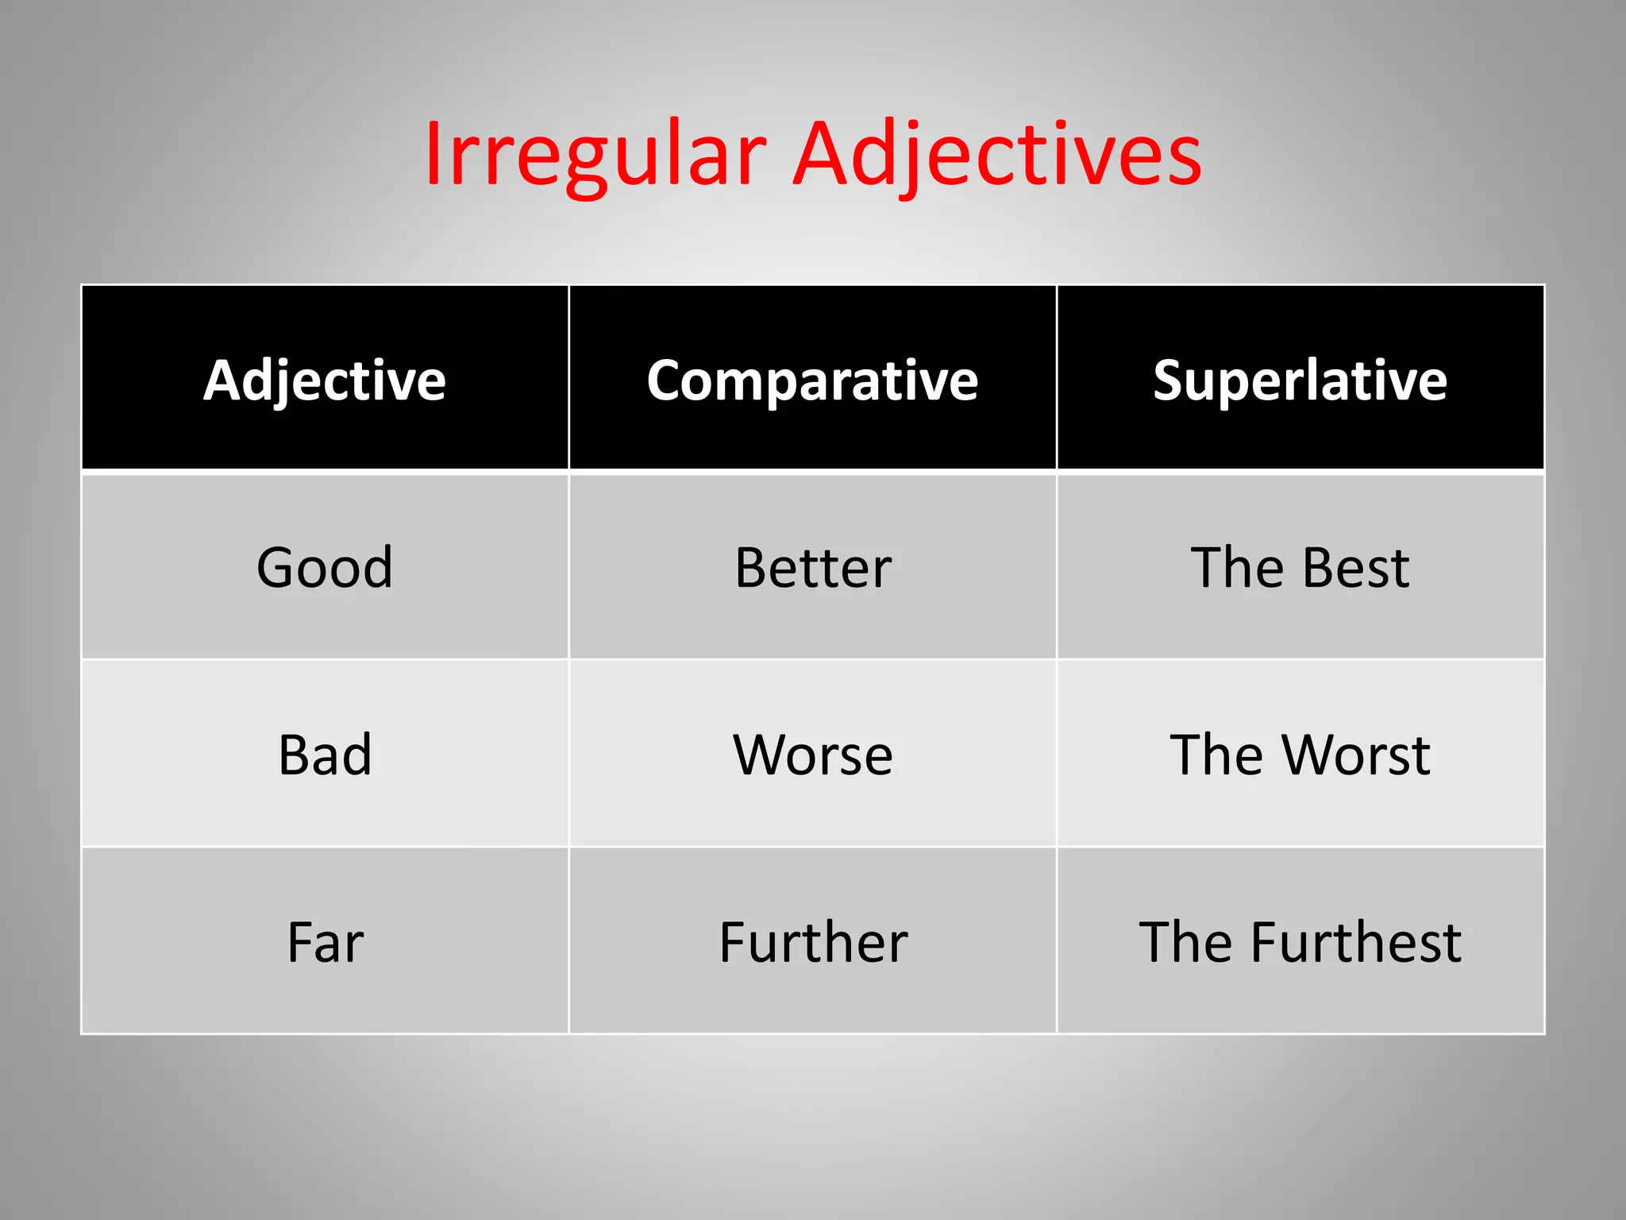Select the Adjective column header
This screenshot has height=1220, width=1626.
[325, 380]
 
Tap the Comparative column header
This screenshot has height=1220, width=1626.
[812, 380]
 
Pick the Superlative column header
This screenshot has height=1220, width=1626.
[1300, 380]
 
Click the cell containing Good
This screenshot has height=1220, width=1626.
[325, 567]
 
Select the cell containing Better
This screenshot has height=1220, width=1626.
[813, 567]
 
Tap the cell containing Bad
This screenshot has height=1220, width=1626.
[325, 754]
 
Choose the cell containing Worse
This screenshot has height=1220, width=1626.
[813, 754]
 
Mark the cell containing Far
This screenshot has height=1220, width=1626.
[326, 942]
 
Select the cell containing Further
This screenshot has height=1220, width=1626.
[813, 942]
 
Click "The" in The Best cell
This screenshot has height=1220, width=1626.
[1238, 567]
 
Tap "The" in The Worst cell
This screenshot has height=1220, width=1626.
[1217, 754]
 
